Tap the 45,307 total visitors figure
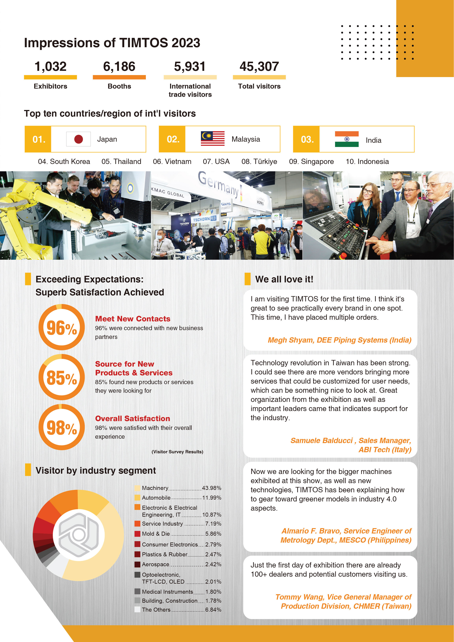(259, 67)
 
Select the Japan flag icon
(78, 139)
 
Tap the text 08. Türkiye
(259, 162)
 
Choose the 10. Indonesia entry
(367, 162)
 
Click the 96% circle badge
(61, 327)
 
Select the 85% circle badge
(61, 377)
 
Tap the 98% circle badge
(61, 427)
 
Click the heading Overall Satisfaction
(132, 418)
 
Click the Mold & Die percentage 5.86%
(213, 534)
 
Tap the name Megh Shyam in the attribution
(291, 340)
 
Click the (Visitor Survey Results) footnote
(177, 452)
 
